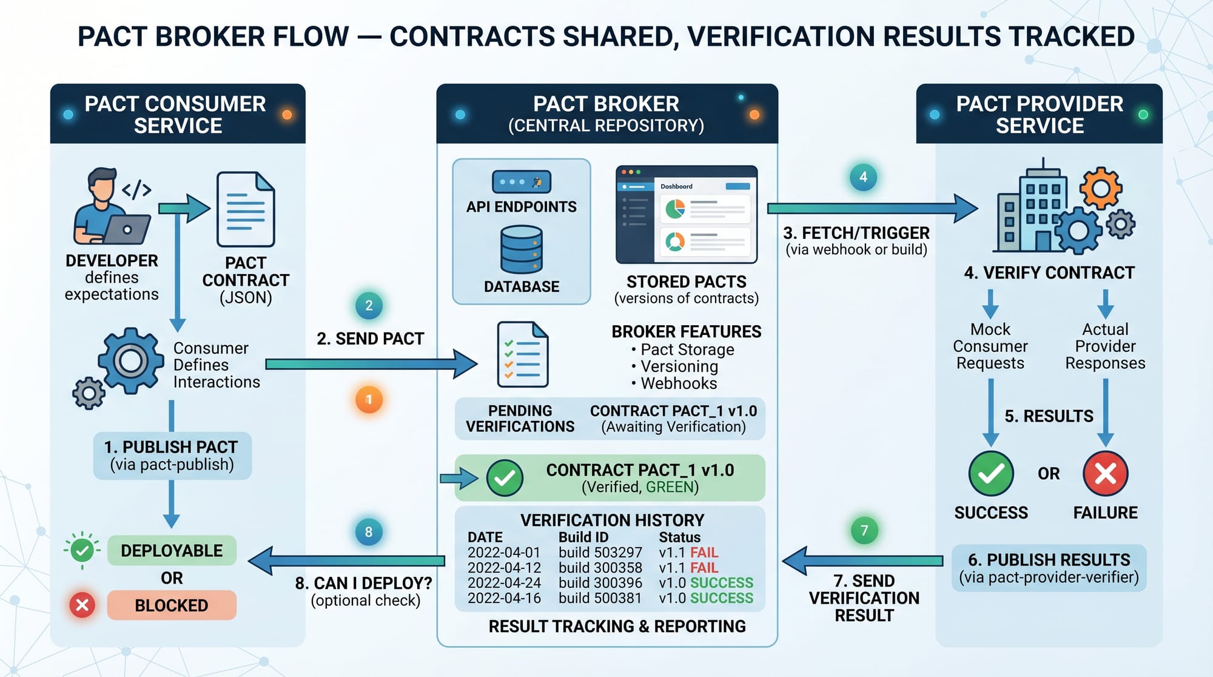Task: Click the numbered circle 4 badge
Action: pyautogui.click(x=863, y=177)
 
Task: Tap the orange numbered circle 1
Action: pyautogui.click(x=369, y=400)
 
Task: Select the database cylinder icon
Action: pyautogui.click(x=522, y=249)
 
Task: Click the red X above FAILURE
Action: pyautogui.click(x=1105, y=473)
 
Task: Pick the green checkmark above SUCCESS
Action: pyautogui.click(x=990, y=473)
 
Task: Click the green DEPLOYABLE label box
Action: pyautogui.click(x=172, y=550)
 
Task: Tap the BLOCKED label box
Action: pyautogui.click(x=172, y=605)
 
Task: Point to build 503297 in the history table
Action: pyautogui.click(x=600, y=553)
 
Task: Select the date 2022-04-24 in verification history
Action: pyautogui.click(x=503, y=583)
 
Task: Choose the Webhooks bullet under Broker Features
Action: pyautogui.click(x=678, y=383)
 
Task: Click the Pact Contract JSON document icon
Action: pyautogui.click(x=246, y=209)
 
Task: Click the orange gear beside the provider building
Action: pyautogui.click(x=1100, y=188)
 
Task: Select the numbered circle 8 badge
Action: pyautogui.click(x=369, y=532)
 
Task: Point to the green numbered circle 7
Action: pyautogui.click(x=864, y=531)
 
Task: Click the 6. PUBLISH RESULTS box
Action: pyautogui.click(x=1049, y=568)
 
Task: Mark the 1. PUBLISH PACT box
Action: pyautogui.click(x=172, y=456)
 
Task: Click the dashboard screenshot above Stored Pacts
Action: pyautogui.click(x=687, y=214)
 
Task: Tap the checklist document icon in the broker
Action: pyautogui.click(x=522, y=355)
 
